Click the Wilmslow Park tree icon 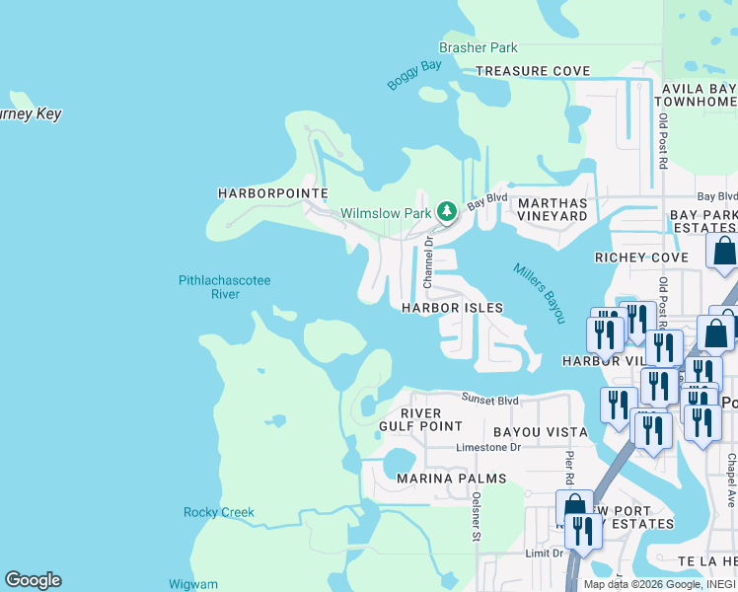447,211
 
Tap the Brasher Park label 479,47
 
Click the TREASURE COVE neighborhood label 533,71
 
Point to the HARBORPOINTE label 272,193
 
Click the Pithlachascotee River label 224,287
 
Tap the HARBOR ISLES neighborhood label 452,308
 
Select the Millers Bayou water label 539,293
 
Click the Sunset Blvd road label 490,401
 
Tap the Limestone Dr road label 487,447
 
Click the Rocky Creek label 219,512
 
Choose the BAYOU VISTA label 541,432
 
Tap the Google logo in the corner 33,580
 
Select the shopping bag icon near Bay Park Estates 723,253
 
